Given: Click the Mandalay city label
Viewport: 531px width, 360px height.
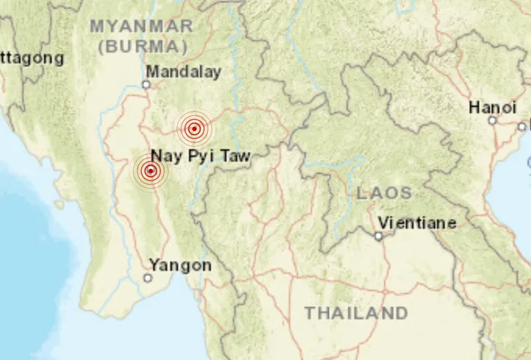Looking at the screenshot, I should coord(184,72).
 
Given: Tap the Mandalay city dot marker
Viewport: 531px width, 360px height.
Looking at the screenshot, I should coord(146,84).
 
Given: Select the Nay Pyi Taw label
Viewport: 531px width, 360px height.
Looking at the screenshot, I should coord(201,156).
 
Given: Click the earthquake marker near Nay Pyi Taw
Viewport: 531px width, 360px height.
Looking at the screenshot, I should coord(150,172).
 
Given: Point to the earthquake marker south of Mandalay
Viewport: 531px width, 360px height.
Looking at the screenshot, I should coord(193,129).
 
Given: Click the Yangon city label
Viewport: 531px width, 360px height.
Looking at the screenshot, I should coord(180,265).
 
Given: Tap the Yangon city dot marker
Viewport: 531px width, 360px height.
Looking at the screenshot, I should coord(147,278).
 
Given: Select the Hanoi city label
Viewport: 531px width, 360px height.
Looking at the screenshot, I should coord(493,108).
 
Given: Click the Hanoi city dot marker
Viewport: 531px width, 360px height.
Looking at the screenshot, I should coord(492,120).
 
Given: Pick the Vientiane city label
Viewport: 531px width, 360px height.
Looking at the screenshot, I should coord(417,223).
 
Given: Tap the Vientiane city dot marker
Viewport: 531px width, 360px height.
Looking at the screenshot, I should coord(378,236).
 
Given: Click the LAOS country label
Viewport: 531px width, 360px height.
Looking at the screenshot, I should coord(384,193).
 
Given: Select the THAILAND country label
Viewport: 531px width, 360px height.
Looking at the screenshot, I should coord(356,313).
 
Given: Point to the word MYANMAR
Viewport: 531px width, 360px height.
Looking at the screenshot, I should coord(142,26).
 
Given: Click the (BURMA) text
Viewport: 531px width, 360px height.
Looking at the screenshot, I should coord(142,46).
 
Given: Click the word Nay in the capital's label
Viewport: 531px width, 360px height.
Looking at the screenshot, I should coord(166,156).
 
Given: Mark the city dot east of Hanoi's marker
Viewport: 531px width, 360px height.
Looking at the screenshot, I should coord(521,126).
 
